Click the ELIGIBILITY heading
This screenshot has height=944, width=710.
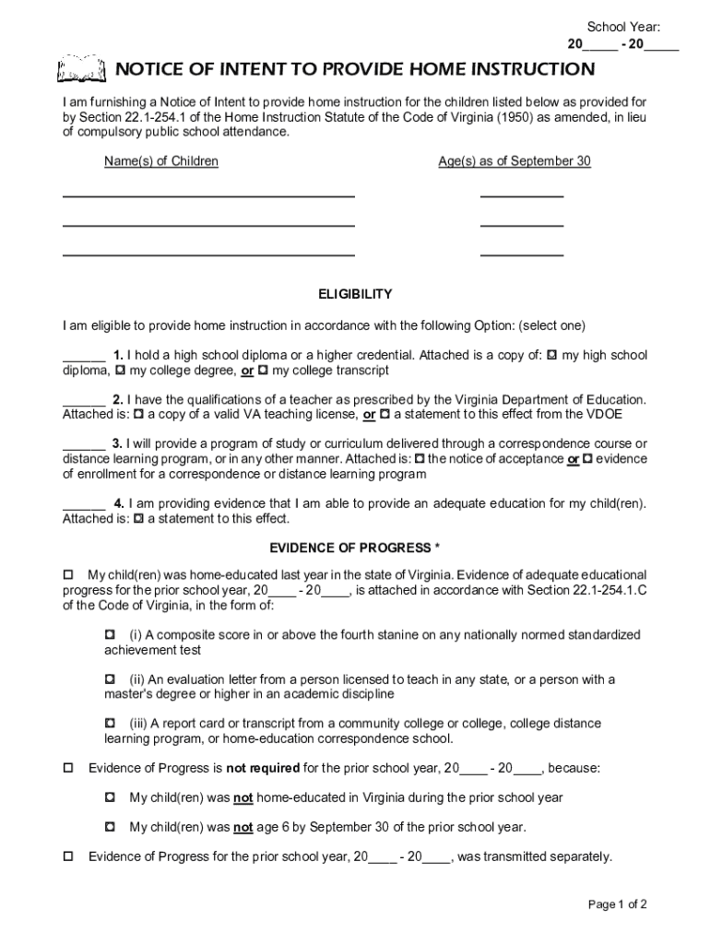[x=355, y=294]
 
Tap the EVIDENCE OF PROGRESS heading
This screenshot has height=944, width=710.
[x=355, y=548]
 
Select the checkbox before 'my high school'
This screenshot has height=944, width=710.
[x=551, y=355]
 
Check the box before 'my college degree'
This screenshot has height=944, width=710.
[x=120, y=371]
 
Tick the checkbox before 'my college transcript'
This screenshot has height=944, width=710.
[x=263, y=371]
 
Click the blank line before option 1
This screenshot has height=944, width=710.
[x=83, y=358]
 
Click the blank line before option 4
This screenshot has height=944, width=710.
[x=83, y=506]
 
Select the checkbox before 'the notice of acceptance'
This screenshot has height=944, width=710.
[x=420, y=459]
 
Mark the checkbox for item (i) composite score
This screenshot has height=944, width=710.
[x=110, y=635]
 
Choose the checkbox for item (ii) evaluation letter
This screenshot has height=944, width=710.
[x=110, y=679]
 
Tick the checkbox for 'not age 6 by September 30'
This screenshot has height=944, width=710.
[x=110, y=827]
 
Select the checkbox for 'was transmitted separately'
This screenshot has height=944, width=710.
[x=67, y=856]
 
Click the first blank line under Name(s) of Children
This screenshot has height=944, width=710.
[x=208, y=195]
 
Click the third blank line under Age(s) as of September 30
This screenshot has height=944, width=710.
[x=521, y=254]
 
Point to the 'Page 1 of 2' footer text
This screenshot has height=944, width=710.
[x=617, y=903]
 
